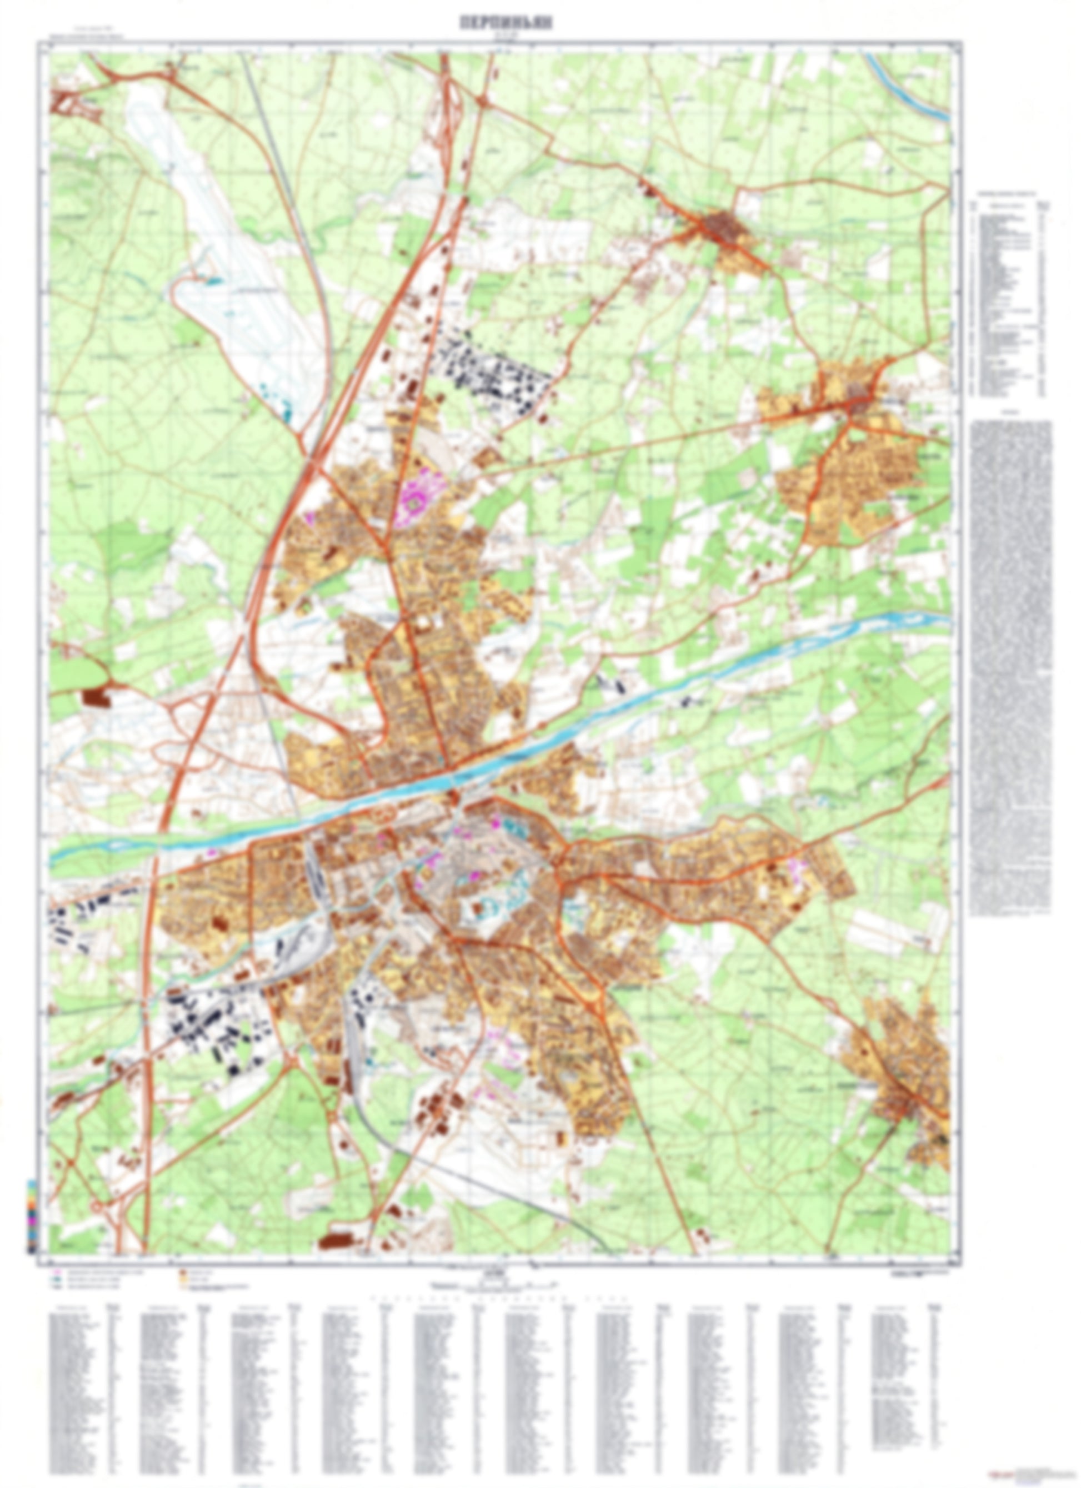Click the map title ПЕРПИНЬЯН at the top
(506, 22)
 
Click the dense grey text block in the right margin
(1009, 669)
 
